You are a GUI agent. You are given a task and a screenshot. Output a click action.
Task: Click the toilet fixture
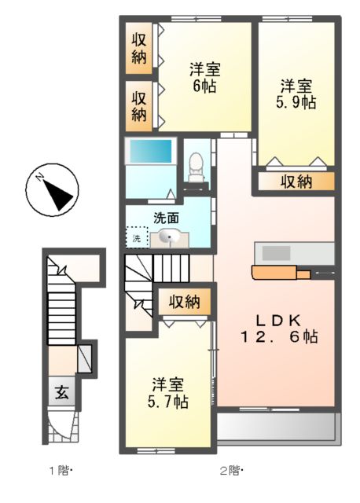pos(196,167)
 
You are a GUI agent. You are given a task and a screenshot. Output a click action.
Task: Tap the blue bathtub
pos(150,151)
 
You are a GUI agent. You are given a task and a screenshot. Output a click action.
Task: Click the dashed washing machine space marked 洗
pos(137,237)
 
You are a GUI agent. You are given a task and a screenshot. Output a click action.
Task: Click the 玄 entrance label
pos(61,392)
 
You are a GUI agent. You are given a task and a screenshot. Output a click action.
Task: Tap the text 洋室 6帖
pos(204,78)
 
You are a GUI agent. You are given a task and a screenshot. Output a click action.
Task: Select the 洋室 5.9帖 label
pos(296,94)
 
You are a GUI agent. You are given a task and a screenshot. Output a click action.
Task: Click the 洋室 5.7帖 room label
pos(167,393)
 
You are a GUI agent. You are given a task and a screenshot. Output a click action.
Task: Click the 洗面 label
pos(166,218)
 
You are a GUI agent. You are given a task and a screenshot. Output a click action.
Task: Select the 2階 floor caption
pos(231,471)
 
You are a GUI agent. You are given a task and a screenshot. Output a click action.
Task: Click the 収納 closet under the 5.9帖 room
pos(296,182)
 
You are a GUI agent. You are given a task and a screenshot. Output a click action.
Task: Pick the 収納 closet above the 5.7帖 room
pos(185,302)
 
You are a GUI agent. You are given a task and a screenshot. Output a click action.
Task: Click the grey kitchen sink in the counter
pos(276,253)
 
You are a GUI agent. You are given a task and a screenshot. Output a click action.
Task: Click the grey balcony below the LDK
pos(278,428)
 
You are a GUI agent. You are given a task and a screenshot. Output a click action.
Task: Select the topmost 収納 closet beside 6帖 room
pos(138,48)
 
